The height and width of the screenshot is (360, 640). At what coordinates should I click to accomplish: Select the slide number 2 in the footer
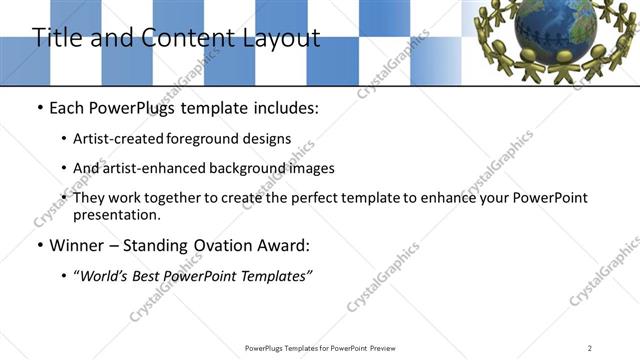[x=590, y=348]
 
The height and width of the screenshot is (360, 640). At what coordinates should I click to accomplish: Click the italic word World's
[x=108, y=276]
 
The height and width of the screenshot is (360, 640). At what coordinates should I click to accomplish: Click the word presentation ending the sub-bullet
[x=116, y=215]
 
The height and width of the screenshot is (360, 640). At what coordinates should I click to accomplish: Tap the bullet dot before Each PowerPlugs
[x=38, y=108]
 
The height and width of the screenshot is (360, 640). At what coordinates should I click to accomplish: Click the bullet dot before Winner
[x=38, y=246]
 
